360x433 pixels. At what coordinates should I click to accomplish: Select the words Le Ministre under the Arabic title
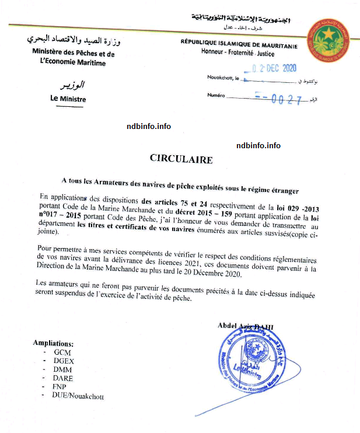click(x=68, y=99)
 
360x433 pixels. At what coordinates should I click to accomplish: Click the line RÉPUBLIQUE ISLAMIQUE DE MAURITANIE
click(x=239, y=45)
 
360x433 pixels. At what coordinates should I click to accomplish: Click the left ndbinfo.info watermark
click(x=149, y=126)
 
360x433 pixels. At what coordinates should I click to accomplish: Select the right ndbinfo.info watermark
click(x=258, y=145)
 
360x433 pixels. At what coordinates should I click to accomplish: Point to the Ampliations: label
click(x=53, y=343)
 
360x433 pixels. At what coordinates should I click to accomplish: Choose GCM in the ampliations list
click(x=62, y=352)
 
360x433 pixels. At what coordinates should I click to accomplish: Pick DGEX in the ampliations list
click(x=64, y=361)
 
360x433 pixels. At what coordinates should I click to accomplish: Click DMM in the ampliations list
click(x=63, y=369)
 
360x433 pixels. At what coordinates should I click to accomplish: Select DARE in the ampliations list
click(x=63, y=378)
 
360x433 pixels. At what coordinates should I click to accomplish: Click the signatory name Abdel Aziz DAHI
click(x=246, y=326)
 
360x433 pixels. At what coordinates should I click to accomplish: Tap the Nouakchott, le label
click(x=223, y=78)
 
